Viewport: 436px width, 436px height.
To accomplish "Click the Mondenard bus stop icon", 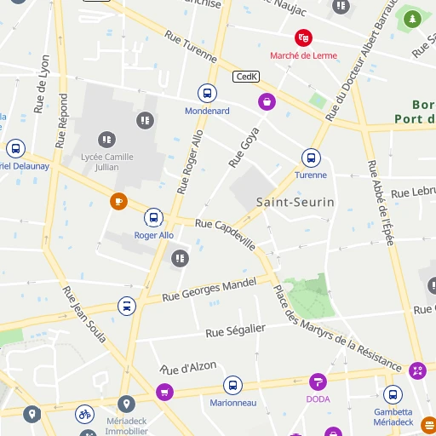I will [x=207, y=93].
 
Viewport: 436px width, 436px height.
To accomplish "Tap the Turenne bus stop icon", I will [x=311, y=158].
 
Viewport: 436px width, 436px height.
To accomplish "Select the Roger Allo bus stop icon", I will [x=153, y=217].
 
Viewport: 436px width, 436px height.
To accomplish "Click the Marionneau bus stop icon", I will [x=232, y=385].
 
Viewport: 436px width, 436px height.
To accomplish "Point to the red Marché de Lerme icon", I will [x=303, y=37].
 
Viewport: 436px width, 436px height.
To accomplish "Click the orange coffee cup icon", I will [x=118, y=202].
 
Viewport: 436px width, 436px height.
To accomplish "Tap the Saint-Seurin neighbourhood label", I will [x=295, y=203].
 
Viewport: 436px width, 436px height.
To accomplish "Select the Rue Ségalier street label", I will [x=236, y=330].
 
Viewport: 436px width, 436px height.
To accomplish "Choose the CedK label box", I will [x=245, y=77].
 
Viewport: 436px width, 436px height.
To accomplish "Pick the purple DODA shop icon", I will [x=318, y=382].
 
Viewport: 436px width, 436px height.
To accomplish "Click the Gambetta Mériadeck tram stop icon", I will [x=393, y=395].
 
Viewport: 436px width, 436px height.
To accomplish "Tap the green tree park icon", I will [x=413, y=18].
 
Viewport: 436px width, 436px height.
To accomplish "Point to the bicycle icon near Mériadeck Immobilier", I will [x=83, y=415].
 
